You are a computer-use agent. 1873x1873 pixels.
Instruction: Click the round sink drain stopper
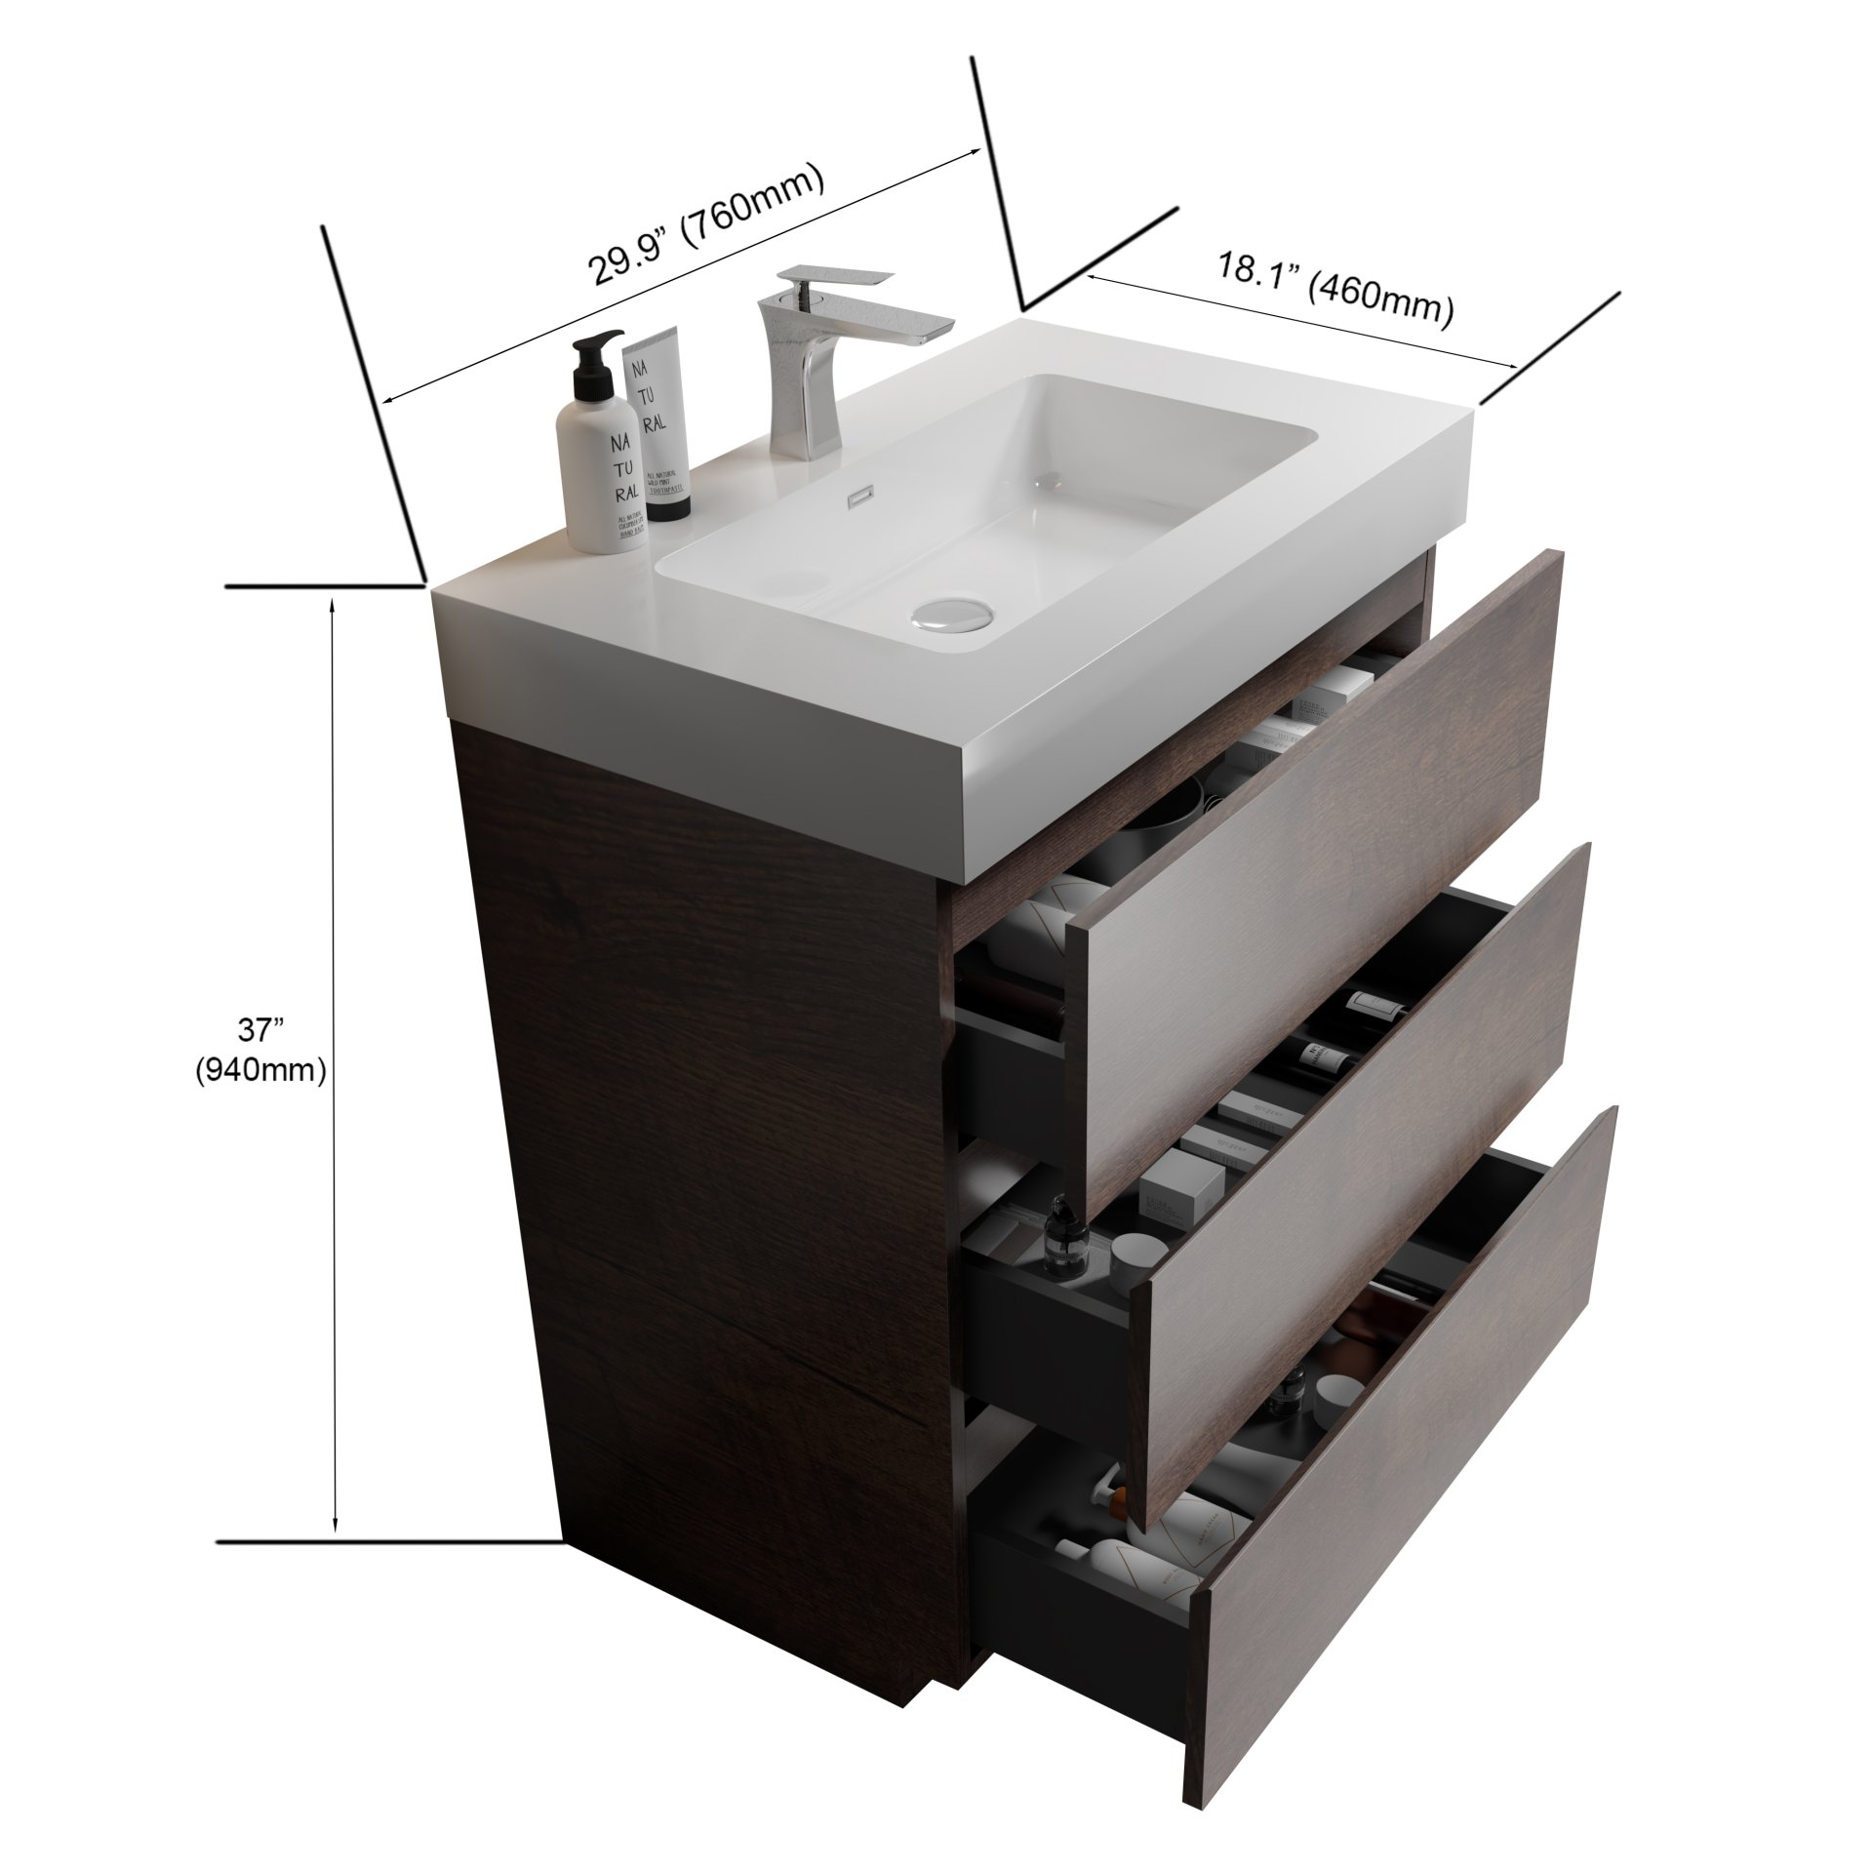pos(952,615)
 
